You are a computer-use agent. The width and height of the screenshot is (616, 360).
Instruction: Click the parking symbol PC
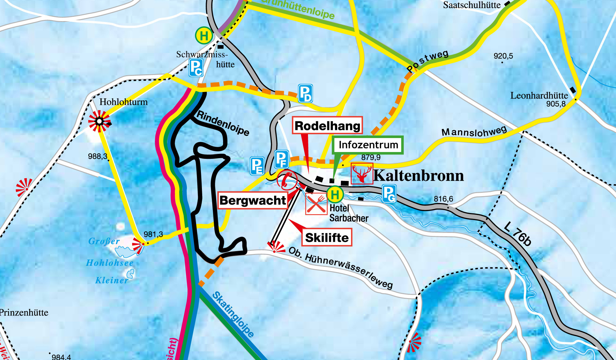click(x=196, y=67)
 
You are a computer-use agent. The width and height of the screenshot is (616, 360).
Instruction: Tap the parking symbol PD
click(x=305, y=93)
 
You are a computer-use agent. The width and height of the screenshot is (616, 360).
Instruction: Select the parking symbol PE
click(x=257, y=166)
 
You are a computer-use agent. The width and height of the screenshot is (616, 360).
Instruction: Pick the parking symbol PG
click(x=389, y=194)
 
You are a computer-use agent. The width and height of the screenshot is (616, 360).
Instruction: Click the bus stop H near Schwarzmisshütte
click(x=204, y=36)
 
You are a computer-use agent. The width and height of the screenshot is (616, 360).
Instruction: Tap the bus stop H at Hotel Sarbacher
click(x=335, y=195)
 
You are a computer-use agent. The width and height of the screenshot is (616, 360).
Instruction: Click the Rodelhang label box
click(x=327, y=126)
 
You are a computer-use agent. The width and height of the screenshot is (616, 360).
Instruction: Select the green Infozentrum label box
click(x=368, y=145)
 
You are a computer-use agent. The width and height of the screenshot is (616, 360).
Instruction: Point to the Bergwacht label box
click(x=252, y=200)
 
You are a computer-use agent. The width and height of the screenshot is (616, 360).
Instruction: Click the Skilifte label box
click(x=327, y=238)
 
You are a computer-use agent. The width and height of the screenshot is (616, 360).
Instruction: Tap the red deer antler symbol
click(x=362, y=173)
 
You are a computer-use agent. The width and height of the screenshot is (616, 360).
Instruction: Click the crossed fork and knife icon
click(x=316, y=204)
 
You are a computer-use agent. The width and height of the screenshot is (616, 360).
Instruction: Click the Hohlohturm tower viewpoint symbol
click(x=99, y=121)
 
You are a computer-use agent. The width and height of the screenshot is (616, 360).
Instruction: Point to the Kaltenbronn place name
click(x=418, y=176)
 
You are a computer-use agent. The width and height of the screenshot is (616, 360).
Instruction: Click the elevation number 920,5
click(x=503, y=56)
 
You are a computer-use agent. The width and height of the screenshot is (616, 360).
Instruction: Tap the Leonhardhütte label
click(x=539, y=95)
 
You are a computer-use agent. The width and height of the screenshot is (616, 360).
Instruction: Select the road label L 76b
click(x=517, y=234)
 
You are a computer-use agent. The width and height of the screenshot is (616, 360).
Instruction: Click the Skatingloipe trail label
click(x=233, y=315)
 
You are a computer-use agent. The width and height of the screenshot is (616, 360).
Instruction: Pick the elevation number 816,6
click(x=443, y=199)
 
